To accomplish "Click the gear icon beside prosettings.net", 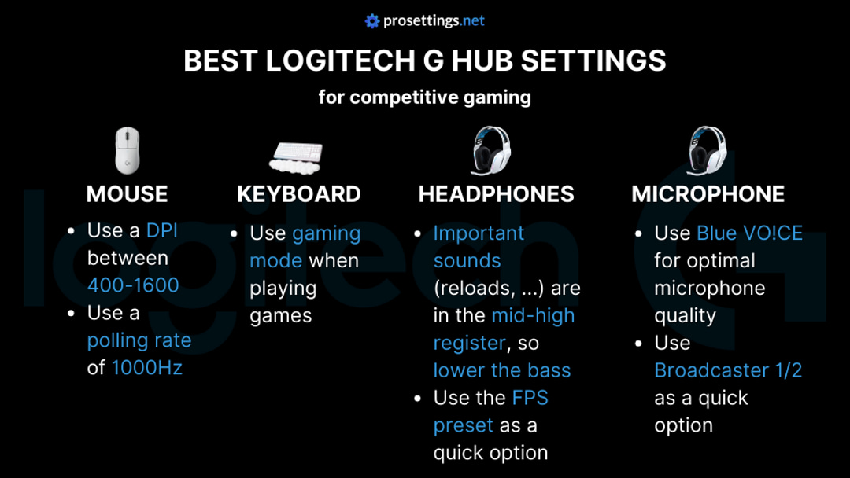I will point(372,21).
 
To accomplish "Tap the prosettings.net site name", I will point(434,21).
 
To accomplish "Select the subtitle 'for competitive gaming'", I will point(425,97).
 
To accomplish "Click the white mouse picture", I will point(127,150).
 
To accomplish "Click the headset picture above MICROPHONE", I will point(706,151).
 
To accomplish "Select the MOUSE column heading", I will point(127,194).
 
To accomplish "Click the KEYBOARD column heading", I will point(299,194).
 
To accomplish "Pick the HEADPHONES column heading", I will point(496,194).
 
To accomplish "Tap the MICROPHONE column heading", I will point(708,194).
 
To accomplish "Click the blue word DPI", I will point(162,230).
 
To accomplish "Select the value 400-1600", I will point(133,285).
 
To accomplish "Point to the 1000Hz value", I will point(146,367).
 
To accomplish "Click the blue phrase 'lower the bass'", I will point(502,370).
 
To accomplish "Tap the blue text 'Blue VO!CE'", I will point(749,233).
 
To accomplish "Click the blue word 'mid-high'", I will point(533,316).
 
